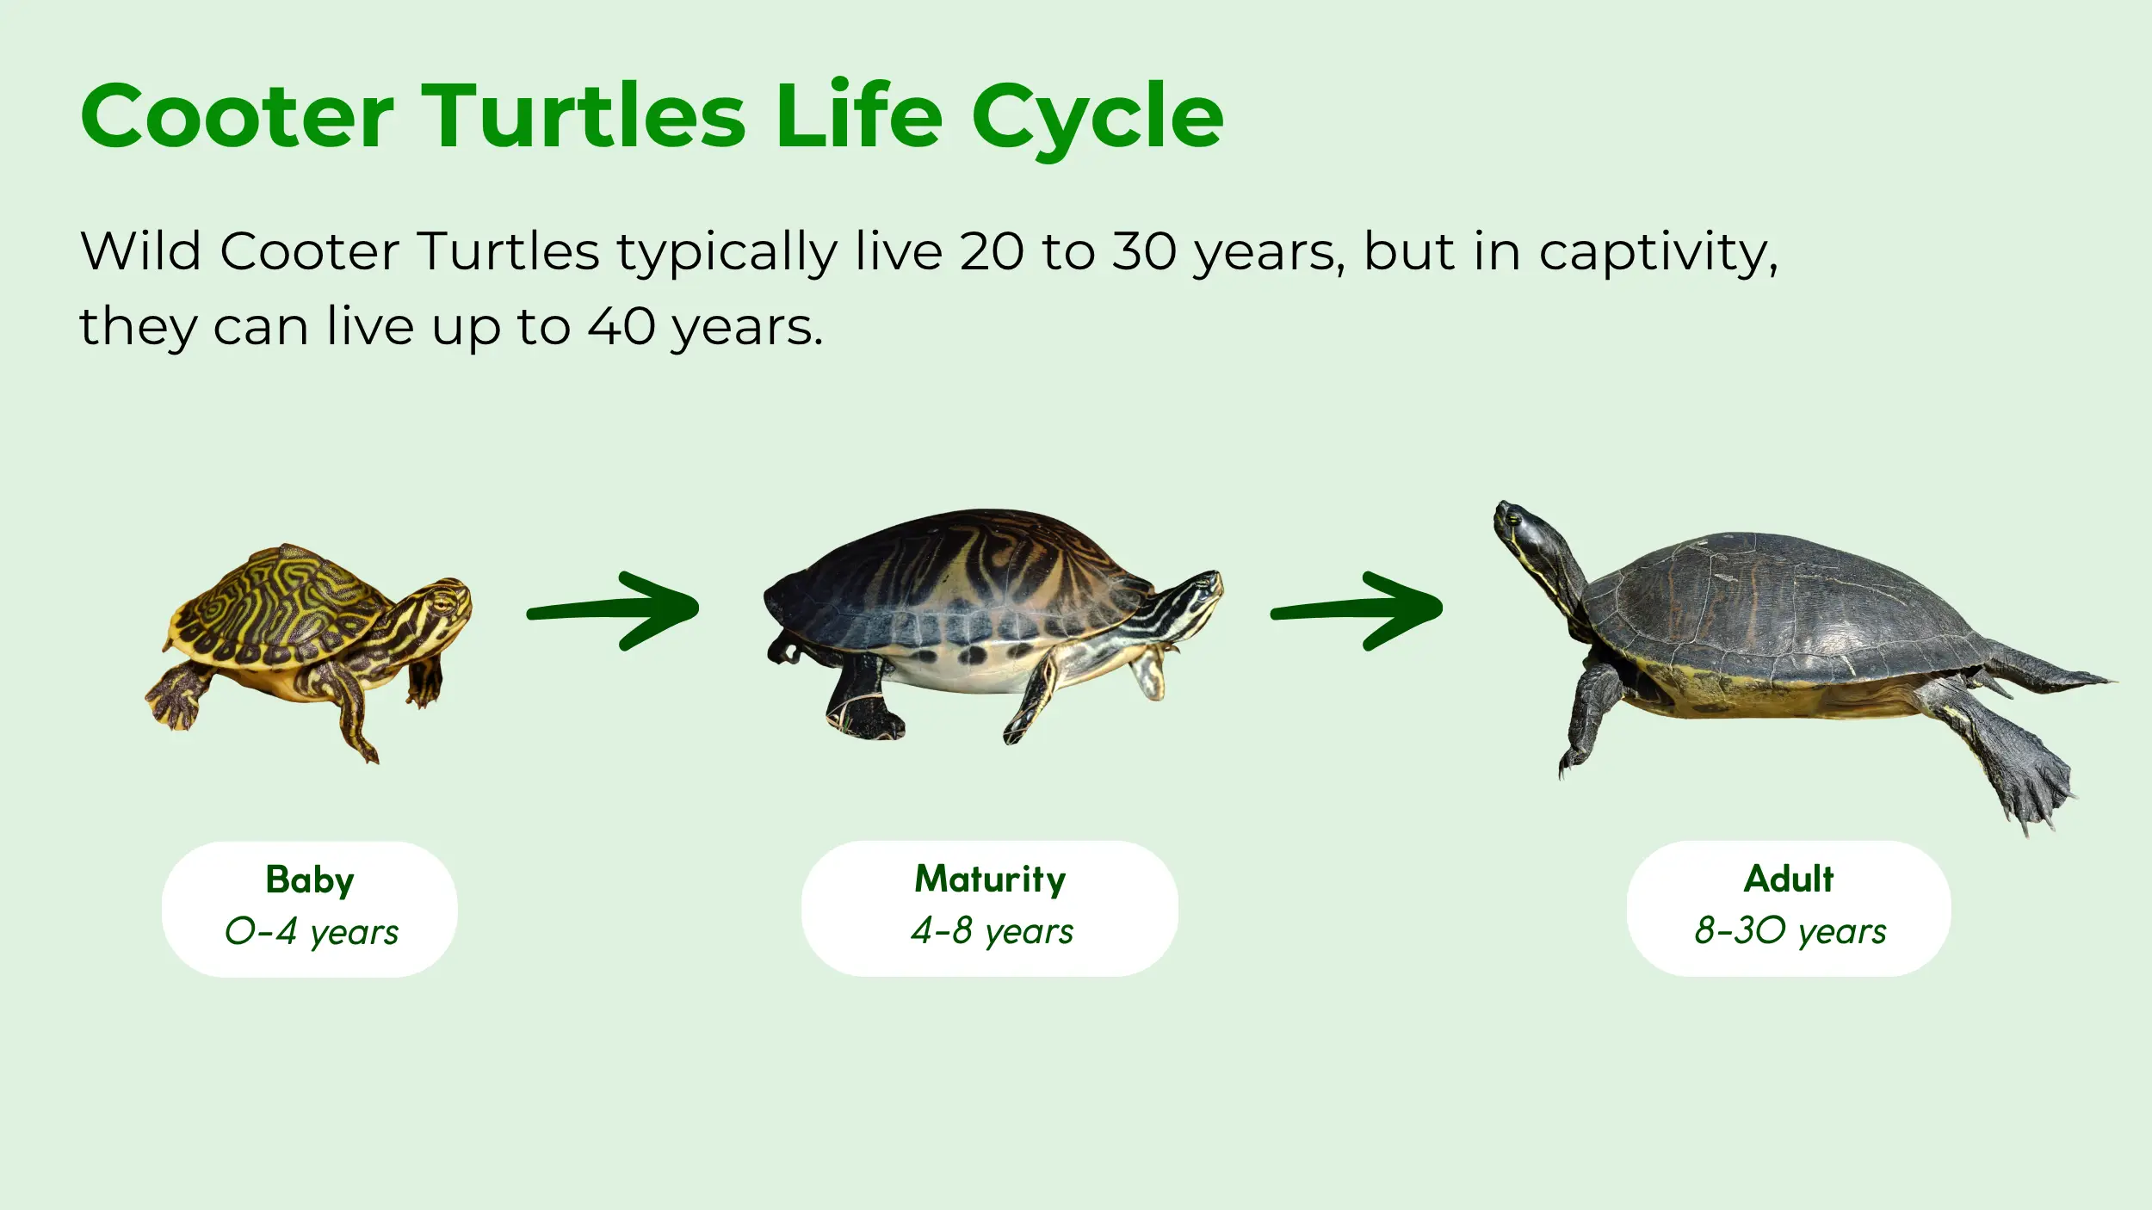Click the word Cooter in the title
237,116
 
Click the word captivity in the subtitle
1658,252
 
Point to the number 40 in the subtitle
621,327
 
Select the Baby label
310,880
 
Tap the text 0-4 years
312,932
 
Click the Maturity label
990,880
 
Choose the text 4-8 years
992,931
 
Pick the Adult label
1789,880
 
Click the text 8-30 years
1790,931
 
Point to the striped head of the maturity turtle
1192,594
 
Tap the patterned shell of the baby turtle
275,602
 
